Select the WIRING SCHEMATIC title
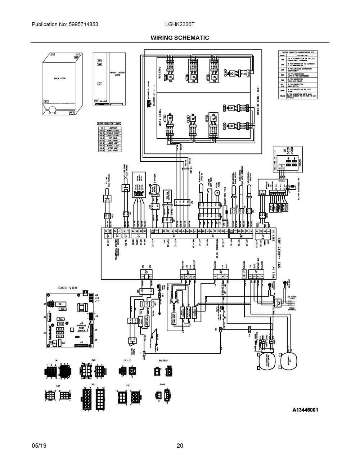coord(180,38)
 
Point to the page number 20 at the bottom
coord(180,445)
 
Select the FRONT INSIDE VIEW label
coord(117,73)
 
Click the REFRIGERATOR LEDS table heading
coord(108,124)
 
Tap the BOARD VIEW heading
coord(68,288)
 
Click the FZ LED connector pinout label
coord(127,360)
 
